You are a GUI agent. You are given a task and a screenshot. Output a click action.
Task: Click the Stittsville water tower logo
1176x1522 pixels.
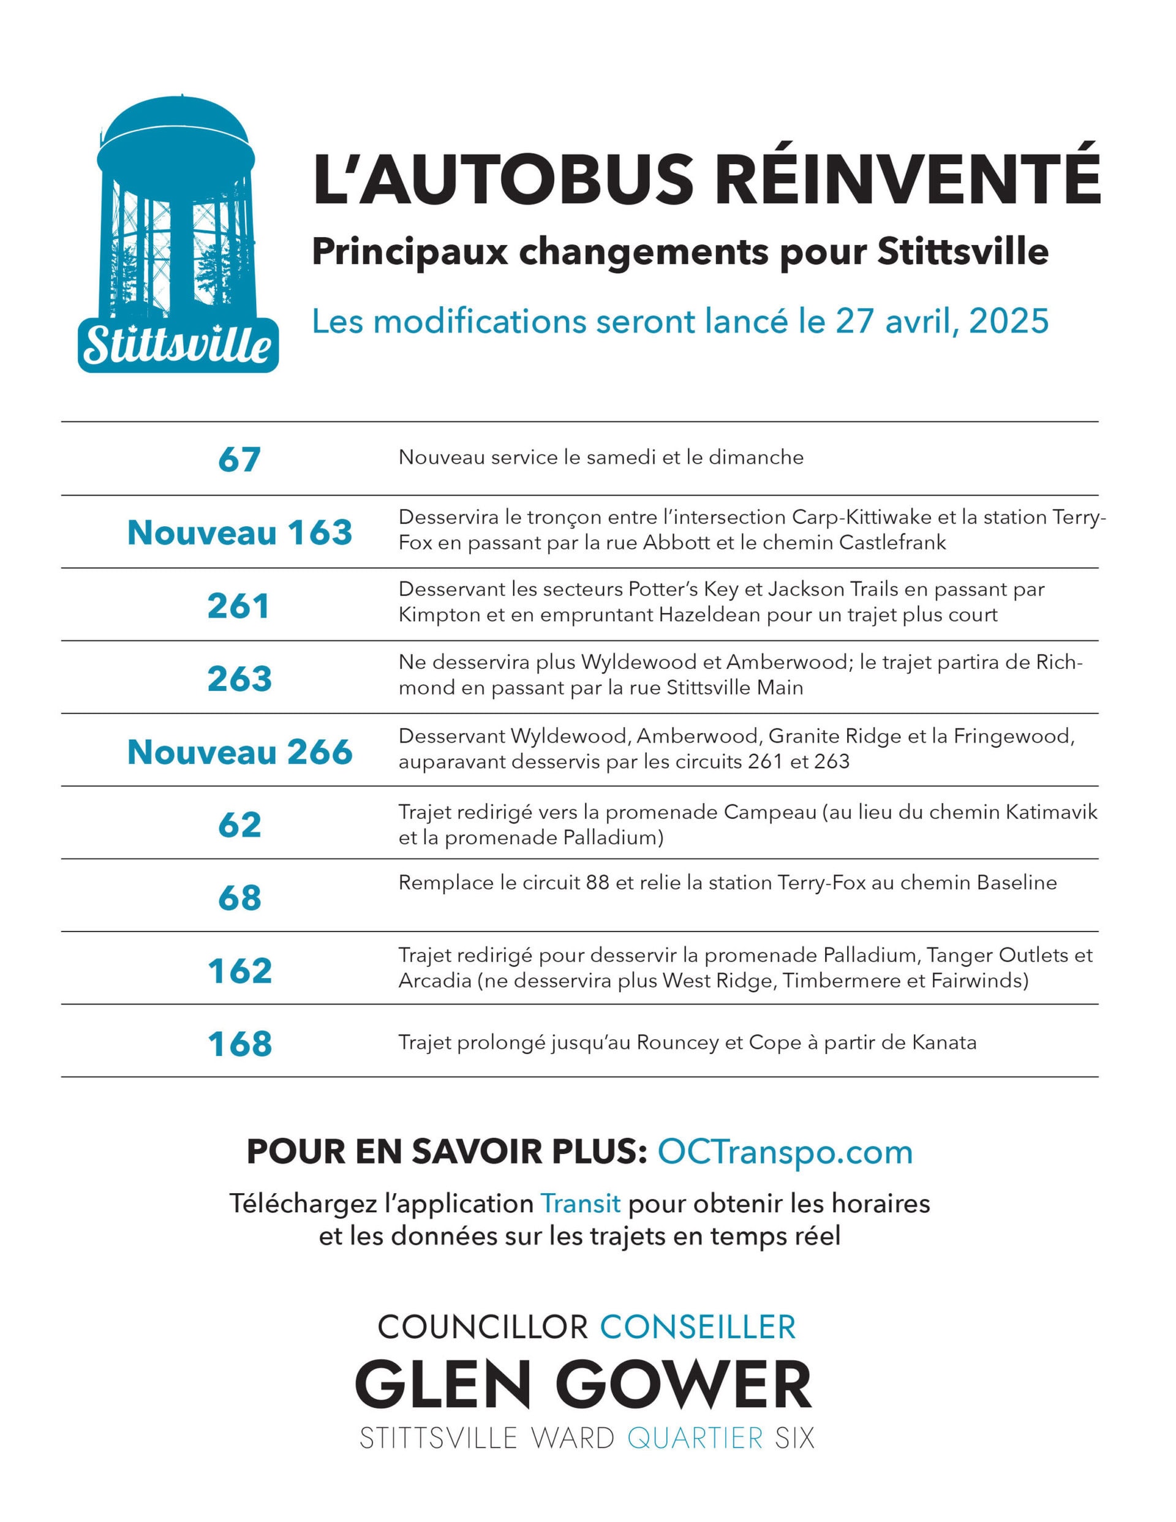coord(178,233)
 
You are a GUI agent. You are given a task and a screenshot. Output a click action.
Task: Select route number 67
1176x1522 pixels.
coord(239,459)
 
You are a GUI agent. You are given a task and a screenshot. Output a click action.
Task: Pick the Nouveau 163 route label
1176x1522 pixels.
coord(239,533)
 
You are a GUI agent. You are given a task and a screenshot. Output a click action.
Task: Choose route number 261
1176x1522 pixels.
coord(238,606)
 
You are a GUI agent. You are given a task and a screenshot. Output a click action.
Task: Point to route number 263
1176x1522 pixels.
coord(239,679)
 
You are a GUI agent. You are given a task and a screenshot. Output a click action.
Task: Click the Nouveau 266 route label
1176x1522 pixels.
coord(239,752)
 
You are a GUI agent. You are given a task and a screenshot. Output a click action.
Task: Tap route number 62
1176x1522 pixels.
coord(239,825)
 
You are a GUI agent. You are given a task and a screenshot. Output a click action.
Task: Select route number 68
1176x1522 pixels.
coord(239,898)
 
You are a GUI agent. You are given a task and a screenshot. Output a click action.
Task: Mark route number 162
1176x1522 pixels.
coord(239,971)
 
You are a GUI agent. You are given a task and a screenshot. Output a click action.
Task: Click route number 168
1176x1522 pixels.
coord(239,1044)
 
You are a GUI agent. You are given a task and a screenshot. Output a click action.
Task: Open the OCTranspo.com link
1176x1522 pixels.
coord(785,1153)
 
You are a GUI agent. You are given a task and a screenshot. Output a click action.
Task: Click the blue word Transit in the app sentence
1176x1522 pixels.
coord(580,1204)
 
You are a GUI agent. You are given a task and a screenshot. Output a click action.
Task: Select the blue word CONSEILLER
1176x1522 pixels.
coord(698,1327)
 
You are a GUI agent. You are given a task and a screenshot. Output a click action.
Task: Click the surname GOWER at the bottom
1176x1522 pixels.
coord(687,1384)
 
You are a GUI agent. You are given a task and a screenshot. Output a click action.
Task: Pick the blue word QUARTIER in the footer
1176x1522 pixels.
coord(695,1437)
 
